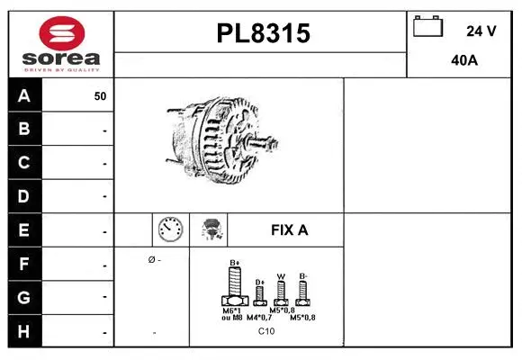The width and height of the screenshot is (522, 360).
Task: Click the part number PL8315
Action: [263, 33]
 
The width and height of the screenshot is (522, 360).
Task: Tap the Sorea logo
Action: [60, 43]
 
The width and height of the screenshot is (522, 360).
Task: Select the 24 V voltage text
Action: [481, 31]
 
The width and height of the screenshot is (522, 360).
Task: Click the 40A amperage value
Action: [463, 61]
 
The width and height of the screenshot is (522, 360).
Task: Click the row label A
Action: [24, 95]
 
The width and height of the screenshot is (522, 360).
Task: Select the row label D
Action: [24, 195]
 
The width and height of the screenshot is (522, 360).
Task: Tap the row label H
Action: [24, 330]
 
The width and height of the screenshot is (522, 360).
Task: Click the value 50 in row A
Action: [100, 96]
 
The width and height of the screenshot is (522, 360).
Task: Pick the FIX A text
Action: [289, 230]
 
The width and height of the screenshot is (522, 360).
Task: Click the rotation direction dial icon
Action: [170, 229]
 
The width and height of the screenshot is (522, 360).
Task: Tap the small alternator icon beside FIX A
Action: [211, 230]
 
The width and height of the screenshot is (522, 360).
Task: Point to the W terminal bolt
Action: [281, 292]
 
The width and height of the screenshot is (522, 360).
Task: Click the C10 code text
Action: [266, 331]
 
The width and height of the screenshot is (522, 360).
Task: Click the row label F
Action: [24, 265]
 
